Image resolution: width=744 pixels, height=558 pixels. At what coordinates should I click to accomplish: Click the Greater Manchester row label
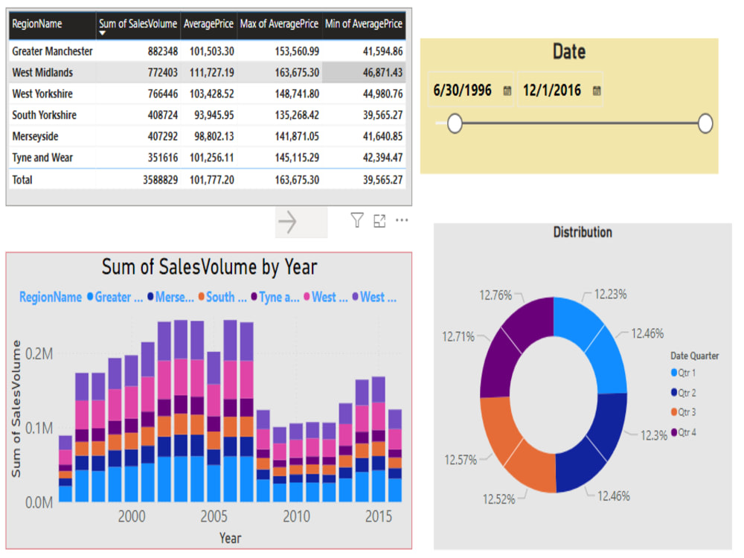pos(52,51)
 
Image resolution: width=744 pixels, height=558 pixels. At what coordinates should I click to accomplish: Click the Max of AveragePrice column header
pos(279,25)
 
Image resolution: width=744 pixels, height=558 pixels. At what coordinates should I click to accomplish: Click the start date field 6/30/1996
pos(463,91)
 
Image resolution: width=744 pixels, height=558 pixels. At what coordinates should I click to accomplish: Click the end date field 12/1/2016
pos(551,91)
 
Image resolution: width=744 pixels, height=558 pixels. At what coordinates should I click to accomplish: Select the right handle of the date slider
pos(705,124)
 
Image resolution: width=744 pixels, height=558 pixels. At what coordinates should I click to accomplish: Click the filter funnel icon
pos(357,220)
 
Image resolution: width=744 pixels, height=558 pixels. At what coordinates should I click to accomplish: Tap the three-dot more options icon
pos(402,220)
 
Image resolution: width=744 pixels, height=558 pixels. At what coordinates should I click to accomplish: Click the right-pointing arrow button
pos(288,222)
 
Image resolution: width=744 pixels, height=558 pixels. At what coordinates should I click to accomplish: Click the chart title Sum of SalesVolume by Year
pos(209,267)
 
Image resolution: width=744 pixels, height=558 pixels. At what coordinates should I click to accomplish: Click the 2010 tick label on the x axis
pos(296,516)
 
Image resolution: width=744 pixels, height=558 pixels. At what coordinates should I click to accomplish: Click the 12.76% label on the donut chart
pos(496,295)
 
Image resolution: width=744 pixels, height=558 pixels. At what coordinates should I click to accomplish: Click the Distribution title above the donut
pos(583,233)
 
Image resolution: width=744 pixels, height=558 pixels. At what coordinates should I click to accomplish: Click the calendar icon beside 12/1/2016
pos(597,91)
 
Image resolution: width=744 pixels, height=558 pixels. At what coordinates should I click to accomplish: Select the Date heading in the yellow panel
pos(568,52)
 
